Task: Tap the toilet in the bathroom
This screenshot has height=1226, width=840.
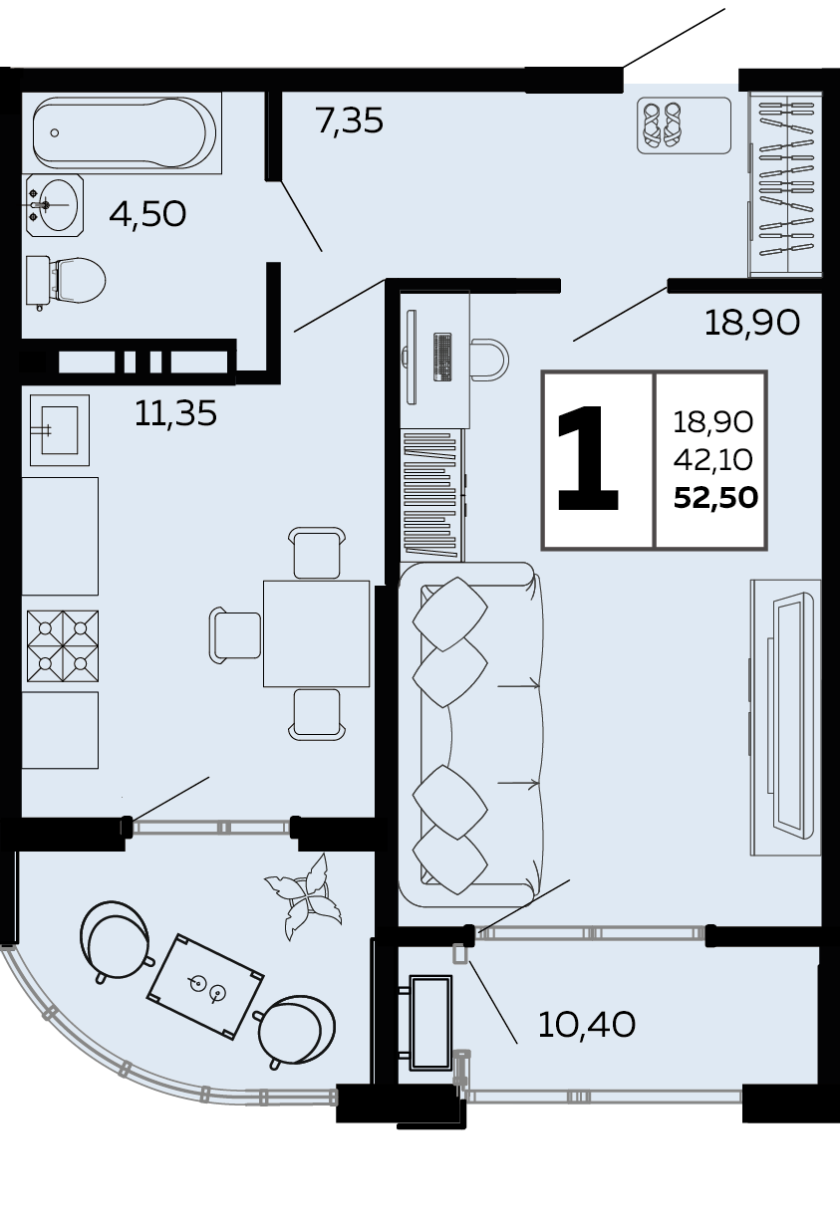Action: coord(65,281)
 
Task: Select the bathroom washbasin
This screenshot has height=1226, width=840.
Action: coord(54,206)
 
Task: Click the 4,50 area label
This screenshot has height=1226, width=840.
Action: coord(147,214)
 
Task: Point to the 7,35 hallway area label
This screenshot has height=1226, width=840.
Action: coord(350,121)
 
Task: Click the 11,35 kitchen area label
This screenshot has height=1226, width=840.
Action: coord(175,412)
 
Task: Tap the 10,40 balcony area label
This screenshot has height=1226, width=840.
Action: coord(587,1024)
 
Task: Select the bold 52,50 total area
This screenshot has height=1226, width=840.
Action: coord(715,498)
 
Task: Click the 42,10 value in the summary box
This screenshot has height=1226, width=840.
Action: coord(713,460)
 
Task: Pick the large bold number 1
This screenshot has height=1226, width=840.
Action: coord(588,459)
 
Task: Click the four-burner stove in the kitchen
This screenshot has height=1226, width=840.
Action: coord(63,645)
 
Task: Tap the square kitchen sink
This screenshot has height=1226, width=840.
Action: coord(59,430)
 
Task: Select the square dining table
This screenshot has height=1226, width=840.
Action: coord(316,633)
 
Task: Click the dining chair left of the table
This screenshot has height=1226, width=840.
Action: coord(235,634)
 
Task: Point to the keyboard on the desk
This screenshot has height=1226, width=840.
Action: coord(442,357)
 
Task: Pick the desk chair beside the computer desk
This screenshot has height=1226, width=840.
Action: coord(489,360)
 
